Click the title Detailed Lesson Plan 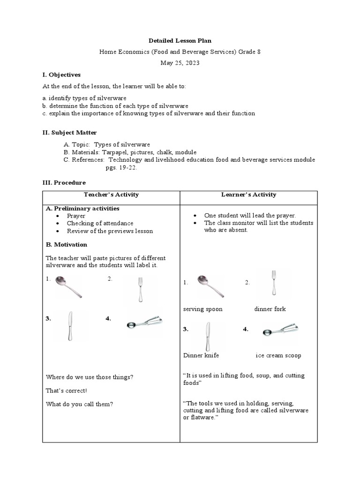click(x=180, y=41)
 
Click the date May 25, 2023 click(x=180, y=63)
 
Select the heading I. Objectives click(x=61, y=75)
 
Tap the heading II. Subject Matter click(x=69, y=133)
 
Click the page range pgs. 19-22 click(x=121, y=167)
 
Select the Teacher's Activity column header click(x=111, y=195)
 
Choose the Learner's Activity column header click(x=248, y=195)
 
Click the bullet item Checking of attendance click(x=100, y=224)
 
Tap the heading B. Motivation click(x=66, y=245)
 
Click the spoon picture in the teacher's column click(x=68, y=287)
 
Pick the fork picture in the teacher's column click(x=140, y=289)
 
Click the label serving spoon click(x=202, y=309)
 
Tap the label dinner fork click(x=270, y=309)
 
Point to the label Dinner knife click(x=201, y=355)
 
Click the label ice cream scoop click(x=278, y=355)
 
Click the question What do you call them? click(x=79, y=404)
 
